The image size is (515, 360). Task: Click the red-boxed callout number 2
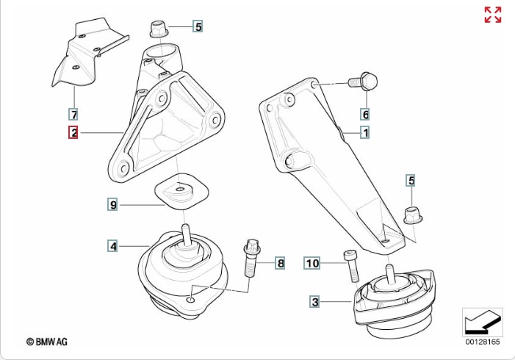73,133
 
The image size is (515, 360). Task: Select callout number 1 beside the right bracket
364,133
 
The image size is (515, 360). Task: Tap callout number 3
314,301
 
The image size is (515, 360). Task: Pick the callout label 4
113,246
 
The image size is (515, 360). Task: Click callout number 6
364,114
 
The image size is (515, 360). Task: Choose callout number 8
280,262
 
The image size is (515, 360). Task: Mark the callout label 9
113,205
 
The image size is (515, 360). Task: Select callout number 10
312,262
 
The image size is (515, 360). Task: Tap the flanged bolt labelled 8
251,258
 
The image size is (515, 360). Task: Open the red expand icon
492,15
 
